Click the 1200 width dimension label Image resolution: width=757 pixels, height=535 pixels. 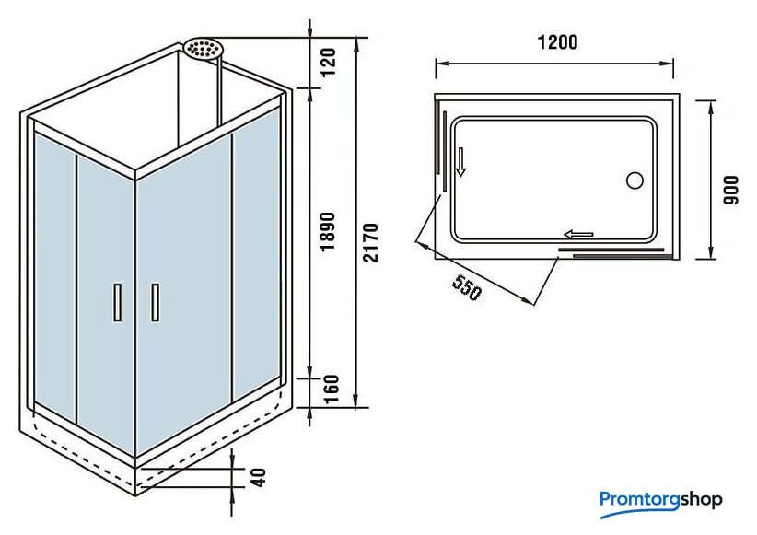[x=557, y=42]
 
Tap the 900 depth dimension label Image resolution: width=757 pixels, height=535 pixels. [x=731, y=191]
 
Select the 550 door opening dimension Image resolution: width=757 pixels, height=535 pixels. [x=467, y=288]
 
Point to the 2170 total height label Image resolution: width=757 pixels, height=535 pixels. [x=371, y=242]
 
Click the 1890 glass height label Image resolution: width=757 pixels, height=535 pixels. [x=328, y=231]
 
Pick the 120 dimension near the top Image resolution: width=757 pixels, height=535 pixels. [x=328, y=63]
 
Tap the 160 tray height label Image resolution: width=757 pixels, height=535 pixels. [x=331, y=390]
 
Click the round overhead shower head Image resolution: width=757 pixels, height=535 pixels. [x=202, y=49]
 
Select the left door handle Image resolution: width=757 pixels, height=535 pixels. [x=117, y=303]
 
